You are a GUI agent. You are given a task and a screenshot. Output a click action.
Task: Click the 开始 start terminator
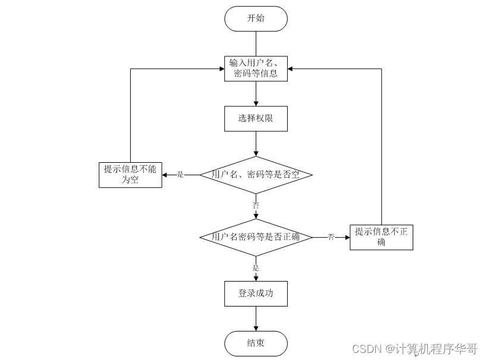[256, 18]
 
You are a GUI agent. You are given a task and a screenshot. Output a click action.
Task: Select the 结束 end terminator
[256, 343]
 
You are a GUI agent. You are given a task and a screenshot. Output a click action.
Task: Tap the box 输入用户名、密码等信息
[256, 69]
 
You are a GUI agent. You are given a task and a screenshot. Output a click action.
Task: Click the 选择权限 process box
[256, 118]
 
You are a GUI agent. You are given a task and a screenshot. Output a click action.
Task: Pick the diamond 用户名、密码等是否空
[256, 175]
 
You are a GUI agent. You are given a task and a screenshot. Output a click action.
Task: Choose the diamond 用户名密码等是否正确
[256, 237]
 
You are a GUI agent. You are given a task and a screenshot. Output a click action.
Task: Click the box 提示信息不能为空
[130, 175]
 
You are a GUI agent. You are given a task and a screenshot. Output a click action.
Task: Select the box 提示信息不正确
[381, 237]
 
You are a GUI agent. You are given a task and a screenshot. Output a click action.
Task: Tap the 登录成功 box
[256, 293]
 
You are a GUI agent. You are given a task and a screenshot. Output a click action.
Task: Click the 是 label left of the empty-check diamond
[181, 175]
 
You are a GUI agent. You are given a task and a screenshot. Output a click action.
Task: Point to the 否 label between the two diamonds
[256, 205]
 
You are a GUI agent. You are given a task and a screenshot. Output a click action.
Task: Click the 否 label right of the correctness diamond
[331, 237]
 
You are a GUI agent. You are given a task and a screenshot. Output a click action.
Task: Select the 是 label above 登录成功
[256, 268]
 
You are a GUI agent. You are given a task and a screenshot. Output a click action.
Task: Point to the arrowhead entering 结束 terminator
[256, 328]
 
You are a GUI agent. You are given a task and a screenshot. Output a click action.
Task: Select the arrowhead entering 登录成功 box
[256, 278]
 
